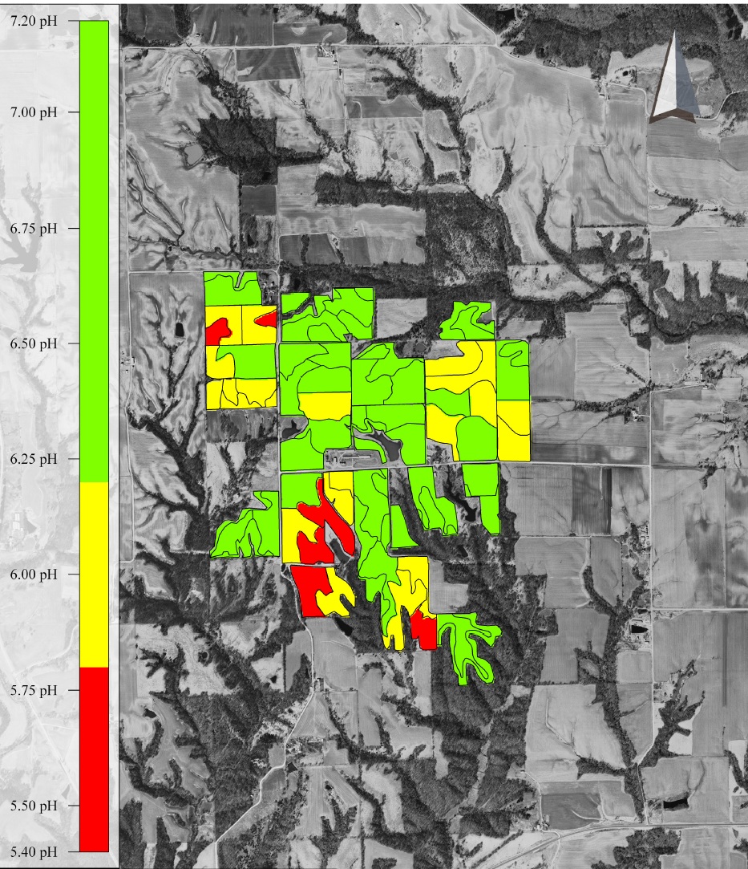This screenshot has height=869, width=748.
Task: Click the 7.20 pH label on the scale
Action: pos(34,22)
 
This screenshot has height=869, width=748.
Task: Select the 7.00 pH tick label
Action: pos(34,112)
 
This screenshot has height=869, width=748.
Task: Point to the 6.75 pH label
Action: pos(34,229)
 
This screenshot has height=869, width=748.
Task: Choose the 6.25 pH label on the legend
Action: pos(34,460)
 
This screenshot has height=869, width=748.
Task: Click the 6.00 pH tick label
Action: pos(34,575)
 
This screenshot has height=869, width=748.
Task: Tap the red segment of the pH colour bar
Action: pos(94,758)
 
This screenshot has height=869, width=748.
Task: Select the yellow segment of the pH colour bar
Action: pos(94,574)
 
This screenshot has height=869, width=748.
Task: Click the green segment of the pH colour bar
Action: pos(94,249)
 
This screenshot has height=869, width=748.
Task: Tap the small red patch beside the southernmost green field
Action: pos(425,630)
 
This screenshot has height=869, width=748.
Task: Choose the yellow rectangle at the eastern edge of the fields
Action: pos(513,429)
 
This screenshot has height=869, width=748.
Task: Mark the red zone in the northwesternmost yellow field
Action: pos(218,329)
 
